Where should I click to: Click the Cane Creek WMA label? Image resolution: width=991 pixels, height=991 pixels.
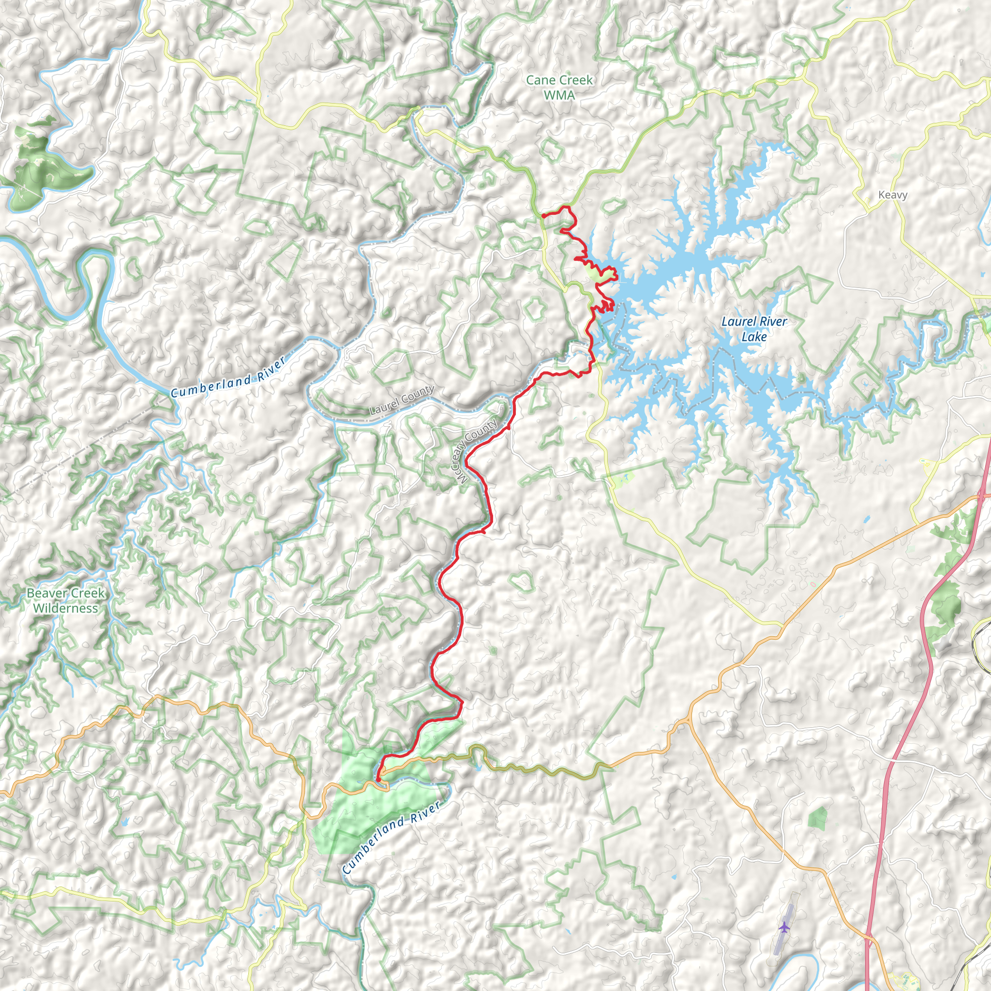[559, 87]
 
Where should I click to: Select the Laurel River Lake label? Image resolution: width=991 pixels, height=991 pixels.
[754, 329]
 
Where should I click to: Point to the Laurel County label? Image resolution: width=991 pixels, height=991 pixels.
[402, 400]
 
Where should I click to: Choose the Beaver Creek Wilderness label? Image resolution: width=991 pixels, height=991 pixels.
[66, 601]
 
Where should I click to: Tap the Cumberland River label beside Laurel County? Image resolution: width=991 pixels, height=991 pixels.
[228, 378]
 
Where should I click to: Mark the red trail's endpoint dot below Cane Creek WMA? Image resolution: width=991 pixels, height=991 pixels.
[543, 216]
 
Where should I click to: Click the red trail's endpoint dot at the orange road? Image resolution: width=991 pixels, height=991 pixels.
[378, 780]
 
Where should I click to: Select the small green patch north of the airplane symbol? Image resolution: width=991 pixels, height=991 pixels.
[818, 817]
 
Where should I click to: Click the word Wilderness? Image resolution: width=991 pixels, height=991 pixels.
[66, 608]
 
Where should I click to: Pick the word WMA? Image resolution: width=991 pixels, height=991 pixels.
[559, 95]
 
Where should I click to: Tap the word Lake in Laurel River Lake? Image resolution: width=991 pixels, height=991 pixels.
[754, 337]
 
